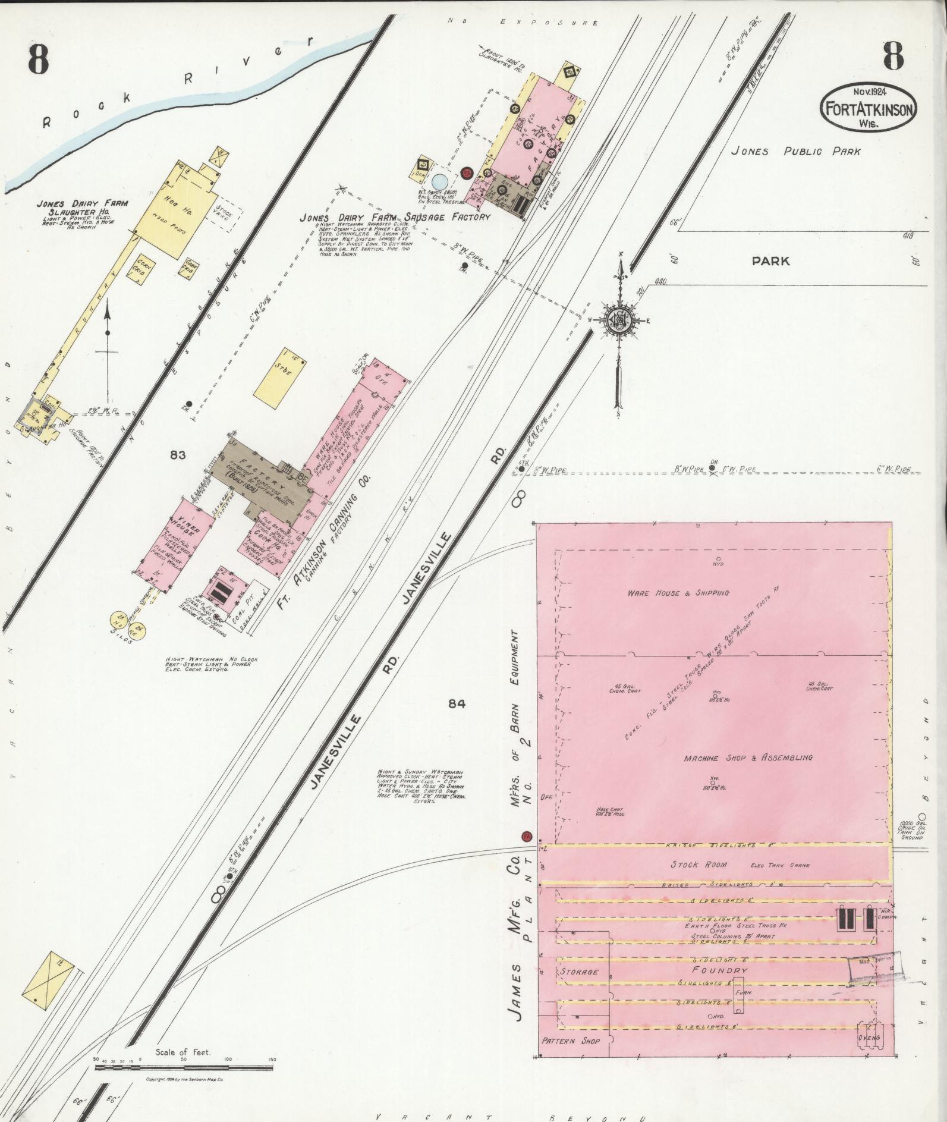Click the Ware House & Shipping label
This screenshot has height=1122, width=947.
click(678, 593)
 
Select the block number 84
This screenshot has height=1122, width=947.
click(457, 704)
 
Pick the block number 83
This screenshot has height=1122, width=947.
click(178, 455)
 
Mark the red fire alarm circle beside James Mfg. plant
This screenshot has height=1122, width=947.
click(526, 836)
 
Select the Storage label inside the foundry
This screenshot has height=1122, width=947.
click(578, 972)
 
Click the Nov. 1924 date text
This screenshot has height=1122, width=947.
click(871, 92)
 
